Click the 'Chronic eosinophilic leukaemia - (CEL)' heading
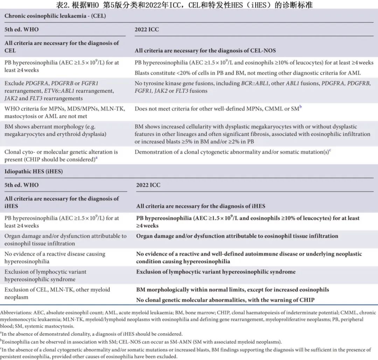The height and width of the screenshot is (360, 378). click(55, 16)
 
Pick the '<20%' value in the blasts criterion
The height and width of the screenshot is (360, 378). click(177, 73)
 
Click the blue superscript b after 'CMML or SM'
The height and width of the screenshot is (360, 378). click(300, 107)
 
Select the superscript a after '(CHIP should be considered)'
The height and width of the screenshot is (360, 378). click(97, 158)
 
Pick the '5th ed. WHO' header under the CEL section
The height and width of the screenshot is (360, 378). click(22, 29)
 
